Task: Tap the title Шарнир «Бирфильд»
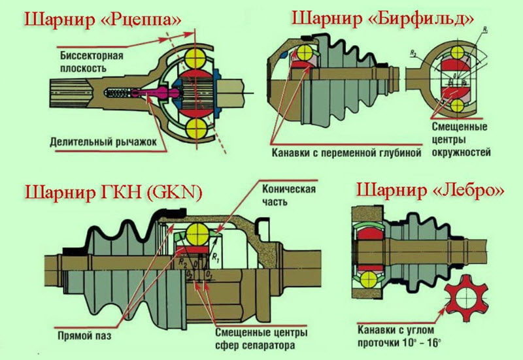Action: click(x=382, y=18)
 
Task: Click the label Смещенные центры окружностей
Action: click(x=461, y=139)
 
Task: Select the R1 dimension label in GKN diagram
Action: click(x=216, y=256)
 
